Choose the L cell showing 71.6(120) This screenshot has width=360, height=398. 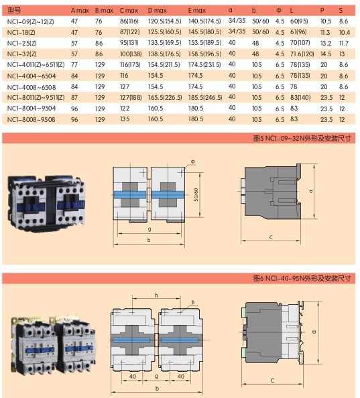(x=302, y=53)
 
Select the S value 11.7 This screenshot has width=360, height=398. (x=343, y=42)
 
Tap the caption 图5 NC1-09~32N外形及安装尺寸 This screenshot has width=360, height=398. (x=306, y=138)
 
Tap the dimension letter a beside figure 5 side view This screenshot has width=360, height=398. (x=312, y=190)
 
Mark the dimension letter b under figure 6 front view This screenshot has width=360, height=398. (x=156, y=388)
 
